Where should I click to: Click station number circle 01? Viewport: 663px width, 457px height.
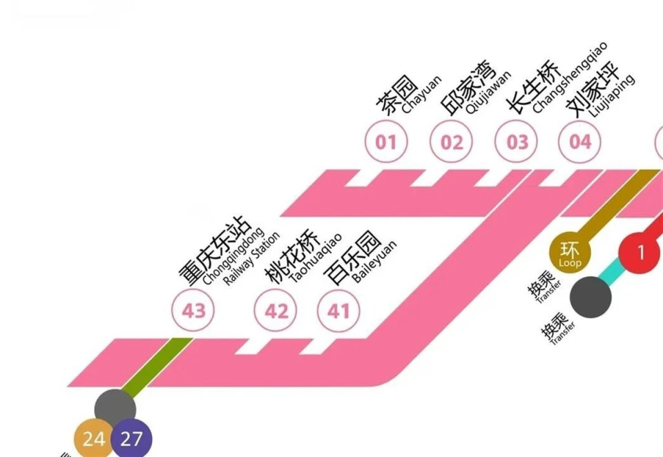click(x=386, y=142)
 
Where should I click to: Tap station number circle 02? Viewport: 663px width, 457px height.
click(x=451, y=142)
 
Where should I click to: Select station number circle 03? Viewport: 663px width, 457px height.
click(x=517, y=142)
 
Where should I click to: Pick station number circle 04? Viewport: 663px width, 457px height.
click(x=580, y=142)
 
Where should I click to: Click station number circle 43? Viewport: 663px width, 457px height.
click(x=193, y=311)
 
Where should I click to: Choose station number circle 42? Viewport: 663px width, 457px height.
click(x=276, y=311)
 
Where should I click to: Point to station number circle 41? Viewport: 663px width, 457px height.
click(x=338, y=311)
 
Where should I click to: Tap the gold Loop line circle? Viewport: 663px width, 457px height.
click(x=570, y=252)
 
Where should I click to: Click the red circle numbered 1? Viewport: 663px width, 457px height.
click(x=640, y=253)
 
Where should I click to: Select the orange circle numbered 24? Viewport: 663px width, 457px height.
click(x=95, y=438)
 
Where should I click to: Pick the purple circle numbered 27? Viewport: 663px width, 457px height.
click(x=131, y=438)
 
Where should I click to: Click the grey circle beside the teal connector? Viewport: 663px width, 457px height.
click(x=590, y=297)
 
